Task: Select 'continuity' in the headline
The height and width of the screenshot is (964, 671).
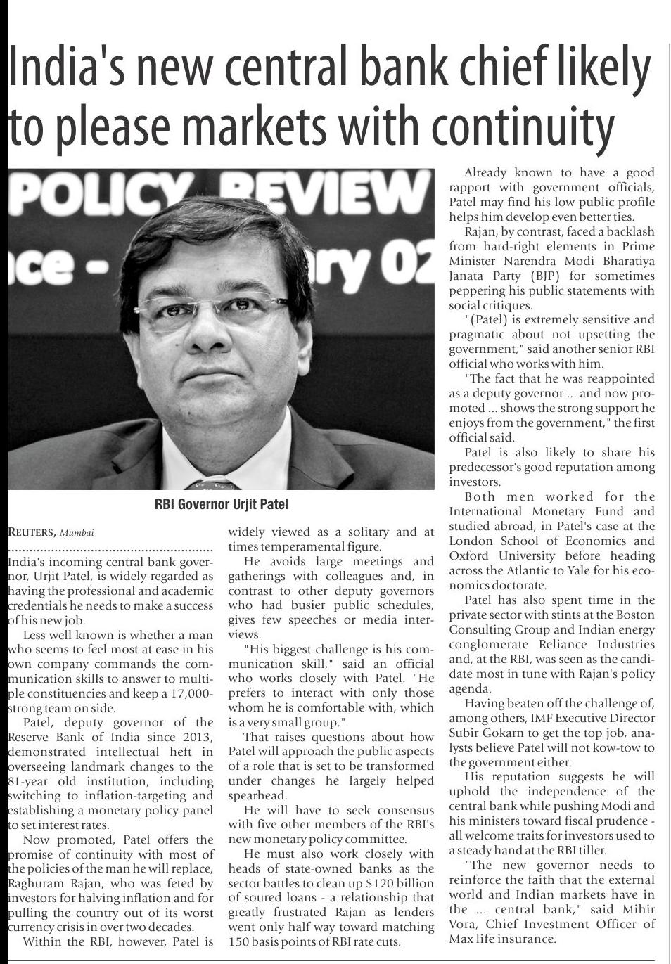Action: [522, 127]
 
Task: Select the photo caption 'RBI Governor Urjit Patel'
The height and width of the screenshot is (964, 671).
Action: [221, 504]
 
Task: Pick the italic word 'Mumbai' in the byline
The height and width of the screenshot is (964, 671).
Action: [77, 533]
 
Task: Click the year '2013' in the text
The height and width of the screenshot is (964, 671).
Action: [198, 737]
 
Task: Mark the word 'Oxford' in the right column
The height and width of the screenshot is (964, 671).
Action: [469, 556]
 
